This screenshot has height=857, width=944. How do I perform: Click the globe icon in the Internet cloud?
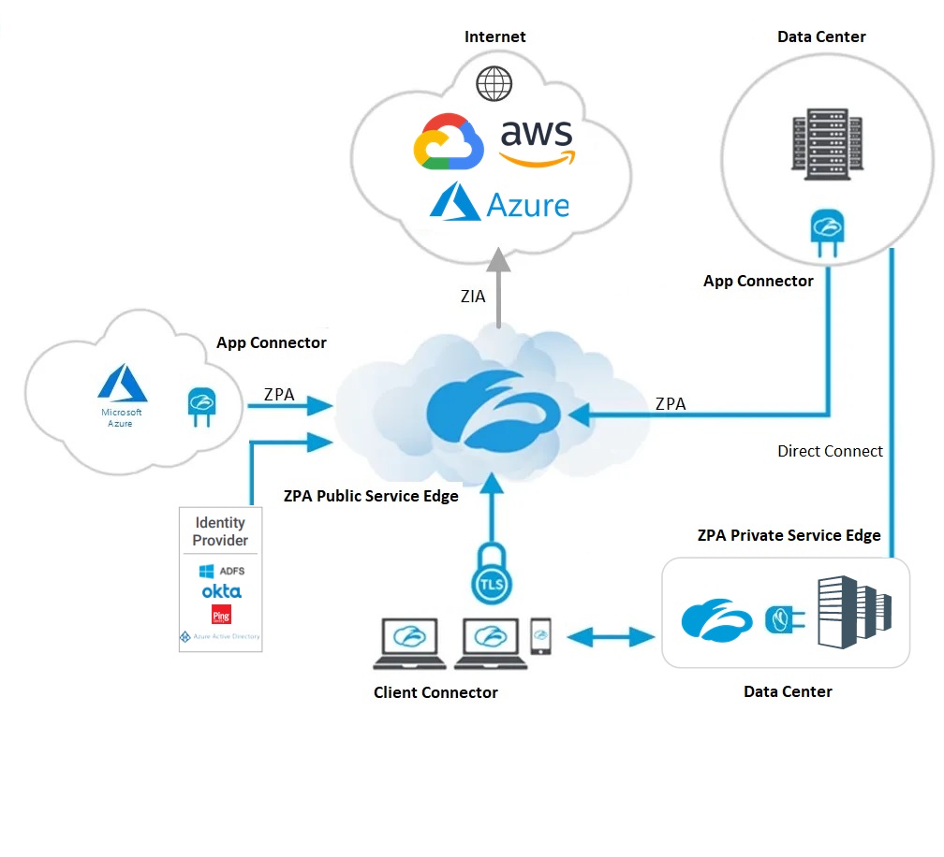pyautogui.click(x=494, y=83)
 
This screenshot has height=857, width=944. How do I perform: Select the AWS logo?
pyautogui.click(x=536, y=143)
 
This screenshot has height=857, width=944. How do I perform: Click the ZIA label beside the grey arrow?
pyautogui.click(x=473, y=297)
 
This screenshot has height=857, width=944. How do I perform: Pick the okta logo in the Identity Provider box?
pyautogui.click(x=221, y=591)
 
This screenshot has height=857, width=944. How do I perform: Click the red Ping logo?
pyautogui.click(x=221, y=615)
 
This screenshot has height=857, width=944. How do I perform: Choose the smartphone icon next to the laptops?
pyautogui.click(x=541, y=636)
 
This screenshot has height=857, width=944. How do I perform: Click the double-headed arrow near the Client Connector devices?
pyautogui.click(x=612, y=638)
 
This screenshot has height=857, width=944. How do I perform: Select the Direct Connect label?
pyautogui.click(x=830, y=451)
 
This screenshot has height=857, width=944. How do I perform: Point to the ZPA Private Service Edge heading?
pyautogui.click(x=789, y=536)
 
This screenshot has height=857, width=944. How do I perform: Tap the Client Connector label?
pyautogui.click(x=435, y=693)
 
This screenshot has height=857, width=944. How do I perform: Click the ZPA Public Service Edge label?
pyautogui.click(x=371, y=496)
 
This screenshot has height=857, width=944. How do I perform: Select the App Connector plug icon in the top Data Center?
pyautogui.click(x=826, y=233)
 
